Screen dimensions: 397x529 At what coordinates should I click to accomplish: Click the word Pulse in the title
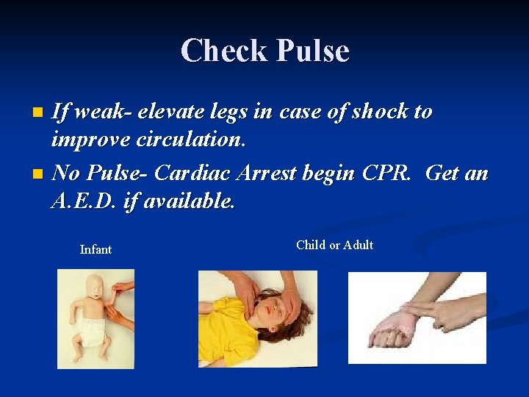(x=312, y=51)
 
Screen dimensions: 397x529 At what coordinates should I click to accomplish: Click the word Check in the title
(x=225, y=51)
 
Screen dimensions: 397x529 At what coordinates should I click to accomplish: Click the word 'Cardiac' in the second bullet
(x=190, y=174)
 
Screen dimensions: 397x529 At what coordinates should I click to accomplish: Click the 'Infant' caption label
(x=96, y=250)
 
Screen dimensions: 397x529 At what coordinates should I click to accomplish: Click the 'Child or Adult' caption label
(x=334, y=246)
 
